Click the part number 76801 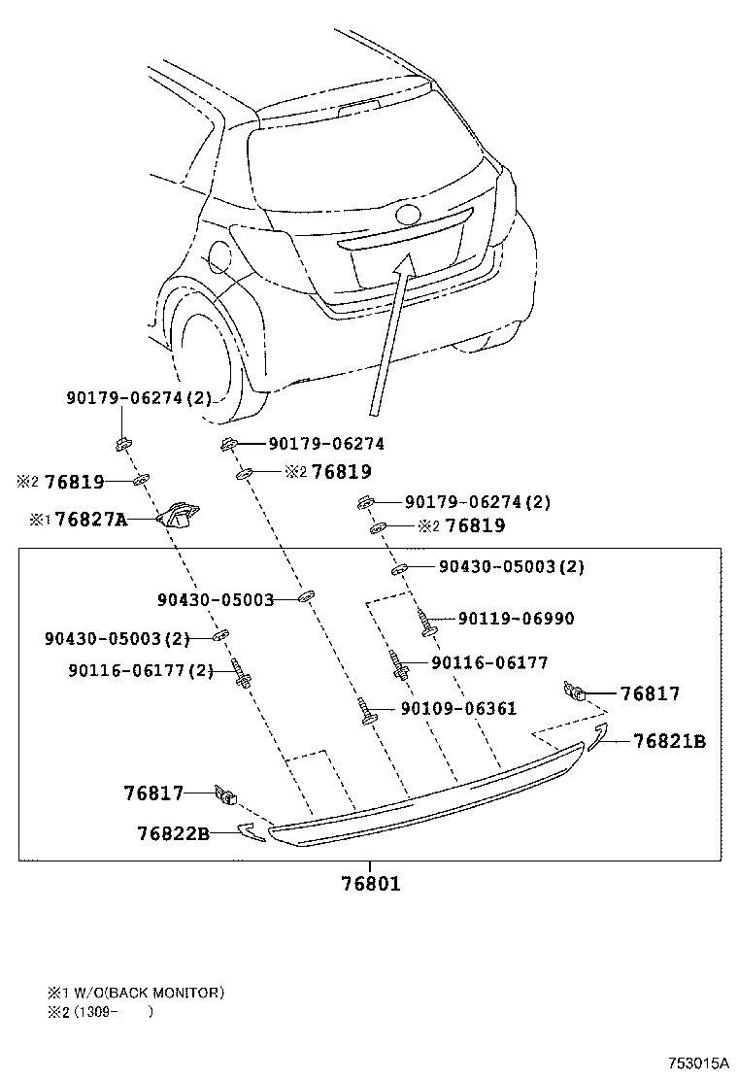pyautogui.click(x=370, y=884)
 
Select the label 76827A pyautogui.click(x=91, y=520)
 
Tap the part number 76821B pyautogui.click(x=669, y=742)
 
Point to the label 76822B pyautogui.click(x=173, y=832)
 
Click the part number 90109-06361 pyautogui.click(x=458, y=709)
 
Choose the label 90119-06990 pyautogui.click(x=516, y=619)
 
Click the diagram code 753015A pyautogui.click(x=696, y=1063)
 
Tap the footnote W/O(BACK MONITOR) pyautogui.click(x=145, y=993)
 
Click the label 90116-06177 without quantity pyautogui.click(x=489, y=662)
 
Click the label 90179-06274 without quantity pyautogui.click(x=326, y=444)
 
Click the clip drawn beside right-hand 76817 pyautogui.click(x=574, y=692)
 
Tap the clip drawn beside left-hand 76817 pyautogui.click(x=227, y=795)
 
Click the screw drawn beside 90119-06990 pyautogui.click(x=427, y=622)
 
